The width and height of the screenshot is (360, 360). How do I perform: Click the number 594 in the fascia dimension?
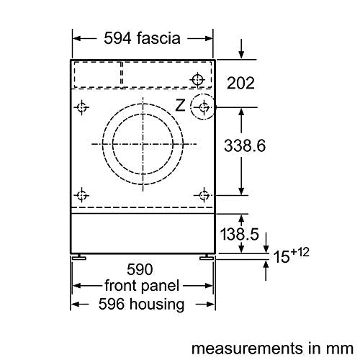pos(117,38)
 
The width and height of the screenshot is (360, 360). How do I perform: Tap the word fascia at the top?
pos(158,38)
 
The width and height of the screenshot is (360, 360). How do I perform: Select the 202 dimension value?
pos(240,84)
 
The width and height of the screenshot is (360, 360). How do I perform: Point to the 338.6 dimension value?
pos(245,145)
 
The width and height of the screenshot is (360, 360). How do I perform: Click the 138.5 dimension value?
pos(240,234)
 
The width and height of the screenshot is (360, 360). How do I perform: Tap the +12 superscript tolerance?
pos(300,252)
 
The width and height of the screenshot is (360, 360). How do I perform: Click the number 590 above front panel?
pos(140,269)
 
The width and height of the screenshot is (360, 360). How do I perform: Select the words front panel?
pos(142,286)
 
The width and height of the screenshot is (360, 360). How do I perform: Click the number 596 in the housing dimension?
pos(112,304)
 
